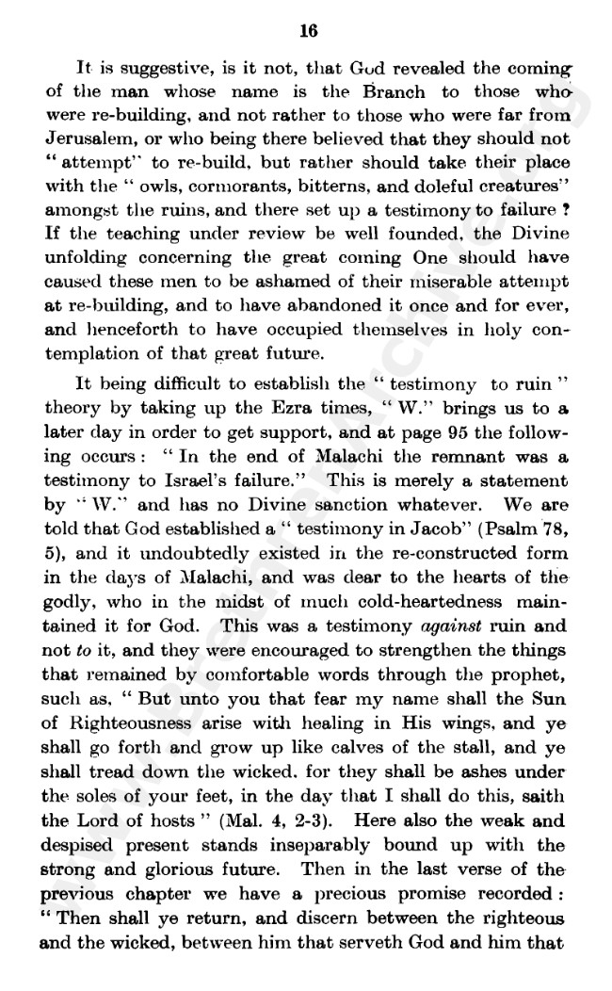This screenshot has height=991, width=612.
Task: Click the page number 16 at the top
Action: coord(308,30)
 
